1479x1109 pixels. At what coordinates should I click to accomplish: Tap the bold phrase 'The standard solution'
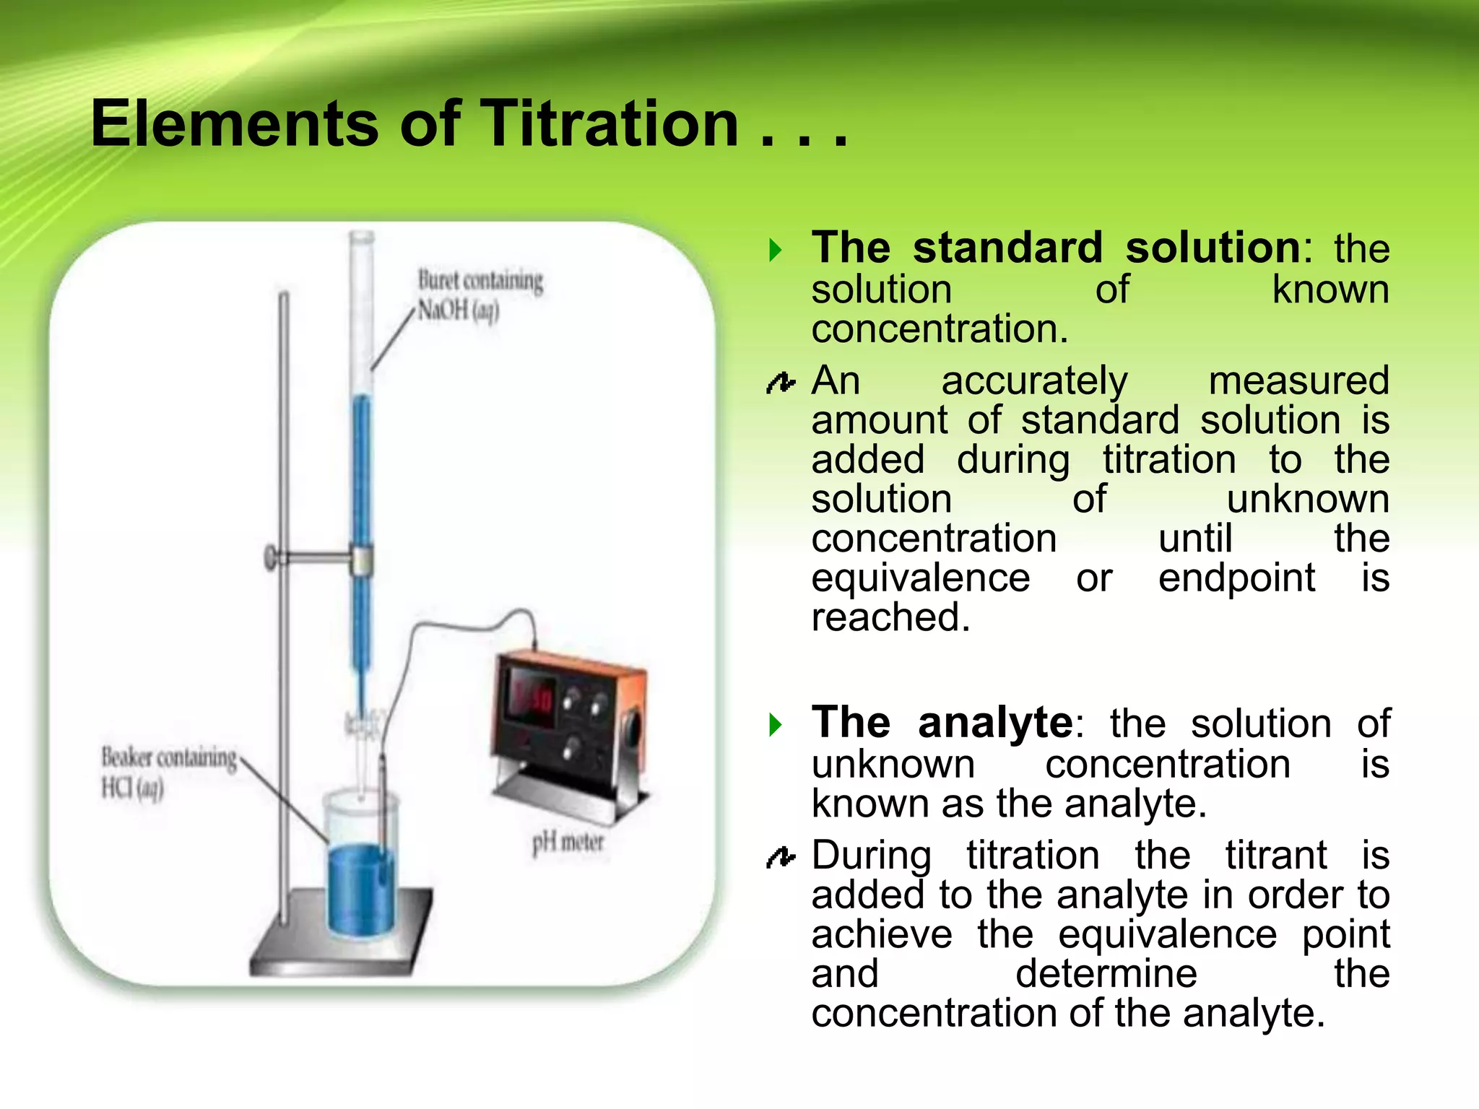tap(1056, 248)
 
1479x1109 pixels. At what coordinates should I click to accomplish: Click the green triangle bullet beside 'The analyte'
tap(776, 724)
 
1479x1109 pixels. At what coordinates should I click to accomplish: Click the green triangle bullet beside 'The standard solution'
tap(776, 251)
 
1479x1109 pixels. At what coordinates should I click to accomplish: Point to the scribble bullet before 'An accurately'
tap(780, 383)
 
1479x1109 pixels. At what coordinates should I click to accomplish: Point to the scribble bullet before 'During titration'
tap(780, 857)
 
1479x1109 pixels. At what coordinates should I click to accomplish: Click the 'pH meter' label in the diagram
tap(568, 843)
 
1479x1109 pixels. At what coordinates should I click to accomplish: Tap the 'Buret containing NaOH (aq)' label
tap(480, 295)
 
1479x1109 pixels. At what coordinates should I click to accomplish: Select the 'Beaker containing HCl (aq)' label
tap(168, 773)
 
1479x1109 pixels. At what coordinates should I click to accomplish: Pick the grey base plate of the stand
tap(339, 946)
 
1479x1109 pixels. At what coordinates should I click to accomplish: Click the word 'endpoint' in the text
tap(1236, 578)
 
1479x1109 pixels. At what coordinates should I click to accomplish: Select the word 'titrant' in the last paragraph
tap(1275, 856)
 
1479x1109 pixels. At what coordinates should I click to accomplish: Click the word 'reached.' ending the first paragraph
tap(890, 618)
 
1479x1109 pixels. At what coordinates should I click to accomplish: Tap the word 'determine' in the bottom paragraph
tap(1106, 974)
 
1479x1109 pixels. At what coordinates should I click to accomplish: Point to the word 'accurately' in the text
tap(1033, 381)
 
